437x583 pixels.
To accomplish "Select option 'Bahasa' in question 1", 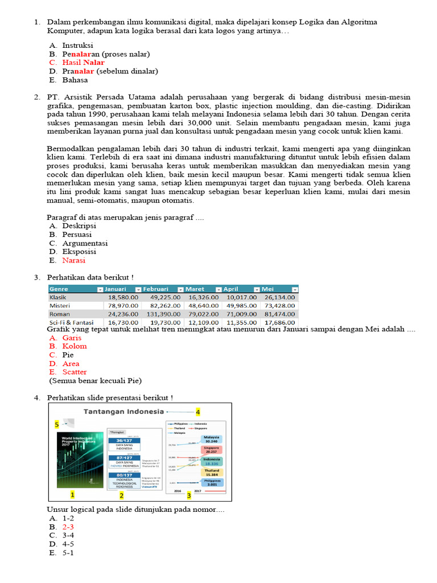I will tap(75, 80).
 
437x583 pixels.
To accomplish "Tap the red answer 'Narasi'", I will tap(74, 260).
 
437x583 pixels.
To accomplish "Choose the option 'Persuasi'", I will tap(77, 235).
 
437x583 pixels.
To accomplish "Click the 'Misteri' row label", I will tap(60, 305).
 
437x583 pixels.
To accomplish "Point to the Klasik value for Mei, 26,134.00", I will tap(279, 297).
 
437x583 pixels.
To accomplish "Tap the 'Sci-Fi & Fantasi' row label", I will tap(71, 322).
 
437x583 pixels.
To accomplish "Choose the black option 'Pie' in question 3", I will tap(68, 355).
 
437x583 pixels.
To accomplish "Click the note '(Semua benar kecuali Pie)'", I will tap(95, 381).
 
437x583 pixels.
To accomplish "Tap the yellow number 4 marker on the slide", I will tap(197, 412).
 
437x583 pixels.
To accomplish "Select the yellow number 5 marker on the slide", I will tap(57, 424).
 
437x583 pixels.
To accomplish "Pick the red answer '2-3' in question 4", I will tap(68, 527).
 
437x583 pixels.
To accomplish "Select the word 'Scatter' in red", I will tap(75, 372).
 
